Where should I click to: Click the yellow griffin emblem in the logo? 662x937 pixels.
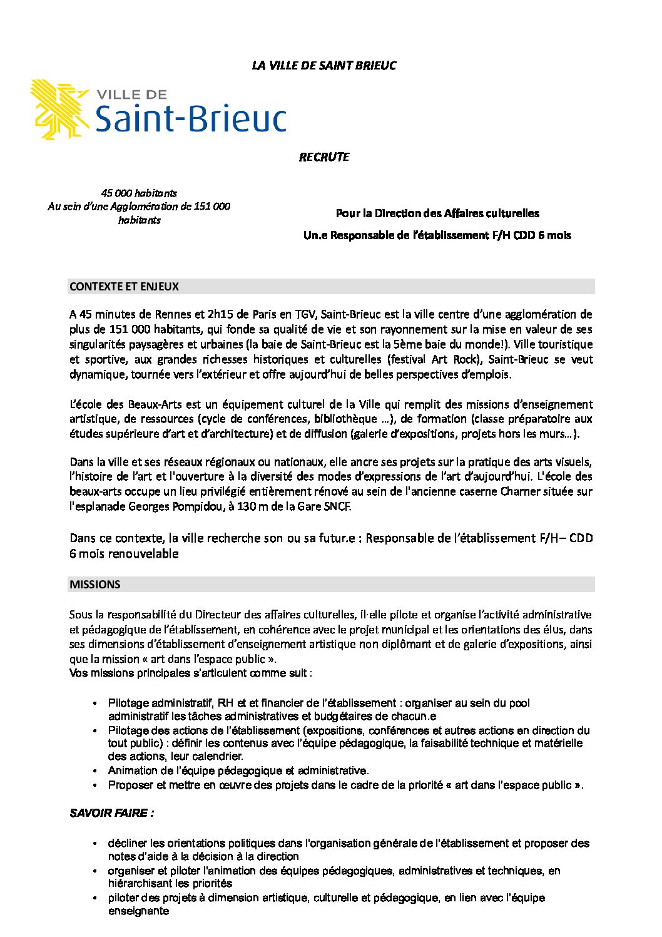pyautogui.click(x=59, y=109)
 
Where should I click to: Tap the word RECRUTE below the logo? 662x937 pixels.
pyautogui.click(x=323, y=157)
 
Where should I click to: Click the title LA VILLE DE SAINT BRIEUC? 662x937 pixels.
pyautogui.click(x=323, y=66)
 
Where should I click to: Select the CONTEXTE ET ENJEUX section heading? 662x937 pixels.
pyautogui.click(x=124, y=287)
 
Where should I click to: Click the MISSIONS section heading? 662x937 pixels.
pyautogui.click(x=95, y=585)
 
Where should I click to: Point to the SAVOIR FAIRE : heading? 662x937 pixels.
pyautogui.click(x=111, y=813)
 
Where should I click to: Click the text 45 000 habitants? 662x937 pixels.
pyautogui.click(x=139, y=193)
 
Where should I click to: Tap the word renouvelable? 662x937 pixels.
pyautogui.click(x=143, y=554)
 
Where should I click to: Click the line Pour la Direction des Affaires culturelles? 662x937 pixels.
pyautogui.click(x=437, y=213)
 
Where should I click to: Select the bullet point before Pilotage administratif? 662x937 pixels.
pyautogui.click(x=94, y=704)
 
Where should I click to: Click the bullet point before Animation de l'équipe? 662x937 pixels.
pyautogui.click(x=94, y=771)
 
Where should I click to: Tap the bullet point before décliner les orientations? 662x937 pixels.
pyautogui.click(x=94, y=844)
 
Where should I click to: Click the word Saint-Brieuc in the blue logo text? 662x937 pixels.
pyautogui.click(x=190, y=118)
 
